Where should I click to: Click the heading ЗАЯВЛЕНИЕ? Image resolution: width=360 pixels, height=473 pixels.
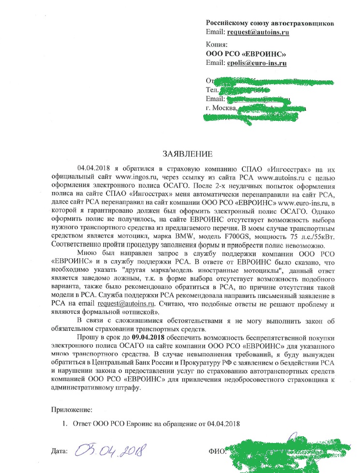pyautogui.click(x=187, y=155)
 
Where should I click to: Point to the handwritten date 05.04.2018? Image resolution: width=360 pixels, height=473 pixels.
pyautogui.click(x=112, y=452)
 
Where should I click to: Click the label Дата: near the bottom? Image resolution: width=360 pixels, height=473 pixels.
pyautogui.click(x=59, y=451)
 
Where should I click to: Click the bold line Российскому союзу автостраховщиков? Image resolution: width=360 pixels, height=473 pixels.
pyautogui.click(x=270, y=23)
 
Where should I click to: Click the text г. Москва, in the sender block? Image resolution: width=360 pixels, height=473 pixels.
pyautogui.click(x=221, y=108)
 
